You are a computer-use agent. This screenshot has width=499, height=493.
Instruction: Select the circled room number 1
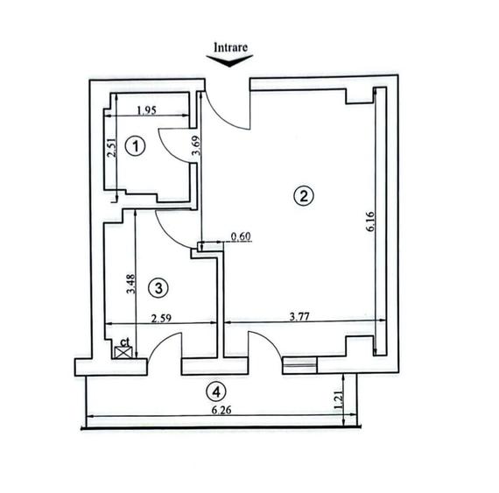point(133,146)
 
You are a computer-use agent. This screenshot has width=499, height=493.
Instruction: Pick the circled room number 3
point(158,286)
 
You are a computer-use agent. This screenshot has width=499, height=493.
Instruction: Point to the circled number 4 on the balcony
point(214,391)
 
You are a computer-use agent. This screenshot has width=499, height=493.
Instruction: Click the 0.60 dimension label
point(241,236)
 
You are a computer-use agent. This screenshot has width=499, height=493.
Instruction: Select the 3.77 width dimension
point(302,319)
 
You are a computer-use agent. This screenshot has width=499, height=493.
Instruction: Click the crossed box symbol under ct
point(124,352)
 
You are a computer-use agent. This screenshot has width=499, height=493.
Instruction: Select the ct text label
point(125,340)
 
